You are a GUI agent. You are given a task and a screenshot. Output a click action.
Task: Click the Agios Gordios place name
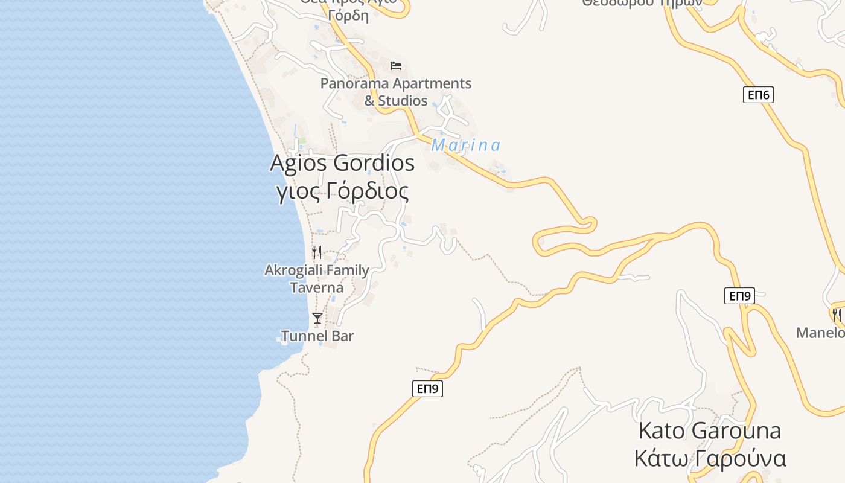(x=342, y=163)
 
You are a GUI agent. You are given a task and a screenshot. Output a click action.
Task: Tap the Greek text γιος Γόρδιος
(x=342, y=191)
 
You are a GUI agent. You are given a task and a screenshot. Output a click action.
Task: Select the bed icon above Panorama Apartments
(x=396, y=65)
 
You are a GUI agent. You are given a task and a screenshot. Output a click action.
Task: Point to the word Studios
(x=403, y=101)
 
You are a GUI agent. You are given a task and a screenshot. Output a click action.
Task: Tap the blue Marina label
(x=465, y=146)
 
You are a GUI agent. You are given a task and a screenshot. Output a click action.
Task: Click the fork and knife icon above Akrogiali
(x=317, y=252)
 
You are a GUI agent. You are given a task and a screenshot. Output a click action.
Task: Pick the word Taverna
(x=317, y=288)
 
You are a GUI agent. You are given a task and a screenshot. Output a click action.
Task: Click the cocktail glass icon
(x=317, y=318)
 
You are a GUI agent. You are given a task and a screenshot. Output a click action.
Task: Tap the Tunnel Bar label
(x=317, y=336)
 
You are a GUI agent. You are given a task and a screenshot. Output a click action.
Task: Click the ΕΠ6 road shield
(x=758, y=95)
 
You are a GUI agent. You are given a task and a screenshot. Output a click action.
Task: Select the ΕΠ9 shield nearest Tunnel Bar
(x=428, y=389)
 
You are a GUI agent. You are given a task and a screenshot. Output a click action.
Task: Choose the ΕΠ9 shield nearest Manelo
(x=739, y=296)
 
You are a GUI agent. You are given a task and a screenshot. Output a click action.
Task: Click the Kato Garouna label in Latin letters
(x=709, y=431)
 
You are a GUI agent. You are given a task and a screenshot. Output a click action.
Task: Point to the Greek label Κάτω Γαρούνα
(x=710, y=459)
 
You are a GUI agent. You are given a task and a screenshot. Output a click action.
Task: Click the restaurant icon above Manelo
(x=837, y=315)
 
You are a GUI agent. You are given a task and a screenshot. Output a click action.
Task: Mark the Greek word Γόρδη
(x=349, y=16)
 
